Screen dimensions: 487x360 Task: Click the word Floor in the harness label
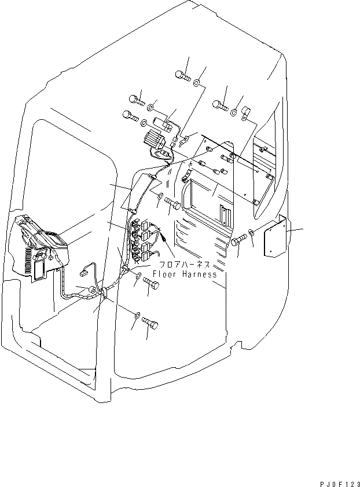click(x=165, y=274)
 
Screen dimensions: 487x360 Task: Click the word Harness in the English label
click(x=199, y=274)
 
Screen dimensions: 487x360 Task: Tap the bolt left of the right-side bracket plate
click(x=238, y=241)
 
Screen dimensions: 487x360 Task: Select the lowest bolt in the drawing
click(x=150, y=324)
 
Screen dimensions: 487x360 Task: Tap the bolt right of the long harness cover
click(x=172, y=204)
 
